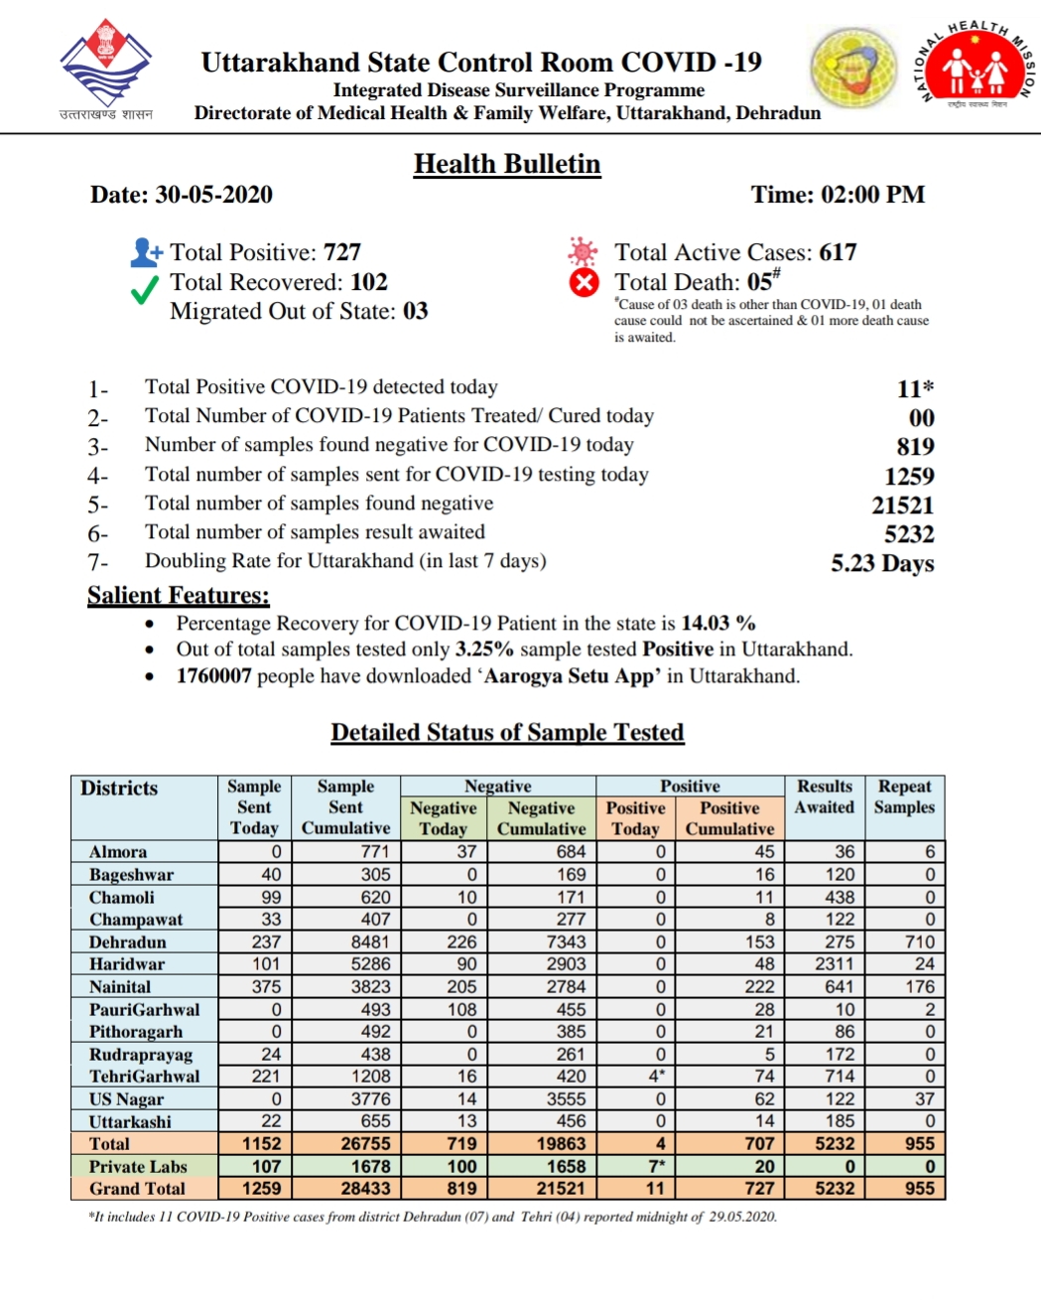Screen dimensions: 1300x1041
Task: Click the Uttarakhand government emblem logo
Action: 105,65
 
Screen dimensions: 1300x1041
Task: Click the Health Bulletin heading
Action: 507,164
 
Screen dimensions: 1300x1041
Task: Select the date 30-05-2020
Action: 213,195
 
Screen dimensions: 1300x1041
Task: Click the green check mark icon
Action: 145,289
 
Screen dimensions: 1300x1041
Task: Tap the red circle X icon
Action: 584,283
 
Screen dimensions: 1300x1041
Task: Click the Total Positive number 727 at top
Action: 342,252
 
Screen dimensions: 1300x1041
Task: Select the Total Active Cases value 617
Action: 838,252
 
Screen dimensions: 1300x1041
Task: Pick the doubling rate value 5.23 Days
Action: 882,563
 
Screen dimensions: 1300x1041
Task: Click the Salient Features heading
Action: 179,595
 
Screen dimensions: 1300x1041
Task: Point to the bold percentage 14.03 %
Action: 718,624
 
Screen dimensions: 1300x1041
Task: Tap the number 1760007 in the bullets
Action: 214,676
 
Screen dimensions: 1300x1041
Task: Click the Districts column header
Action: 119,789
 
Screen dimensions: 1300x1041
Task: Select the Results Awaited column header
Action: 825,796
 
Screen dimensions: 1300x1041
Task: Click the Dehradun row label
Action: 128,942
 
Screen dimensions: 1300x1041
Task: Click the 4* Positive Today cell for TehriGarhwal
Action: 657,1077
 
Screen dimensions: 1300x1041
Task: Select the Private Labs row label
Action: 138,1167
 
